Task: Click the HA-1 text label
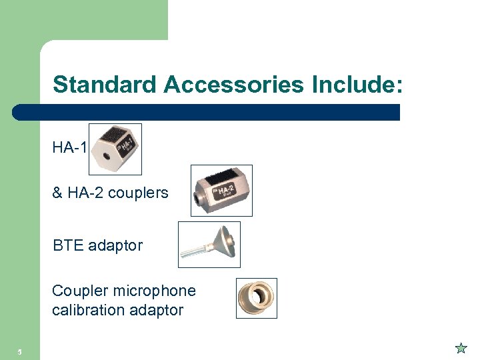point(69,147)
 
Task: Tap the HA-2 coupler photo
point(221,191)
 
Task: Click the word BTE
point(68,245)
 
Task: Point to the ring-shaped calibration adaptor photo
point(257,298)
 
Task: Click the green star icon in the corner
point(461,347)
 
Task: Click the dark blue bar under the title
point(207,112)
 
